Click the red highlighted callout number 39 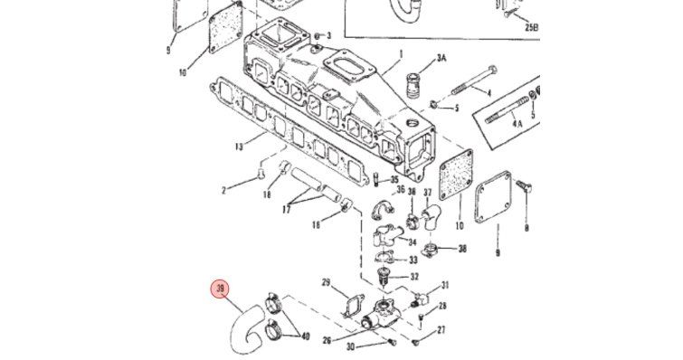[221, 289]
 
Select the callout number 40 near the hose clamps [305, 336]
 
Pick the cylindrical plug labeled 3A [413, 86]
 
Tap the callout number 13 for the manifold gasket [238, 147]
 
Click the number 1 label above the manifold [401, 54]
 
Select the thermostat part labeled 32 [384, 277]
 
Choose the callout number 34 [413, 242]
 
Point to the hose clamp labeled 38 [430, 251]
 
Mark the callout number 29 [327, 283]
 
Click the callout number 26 [327, 340]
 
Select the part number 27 [441, 330]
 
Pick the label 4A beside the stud [517, 124]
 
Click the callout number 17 [286, 209]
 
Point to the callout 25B [531, 27]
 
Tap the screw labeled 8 [523, 186]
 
